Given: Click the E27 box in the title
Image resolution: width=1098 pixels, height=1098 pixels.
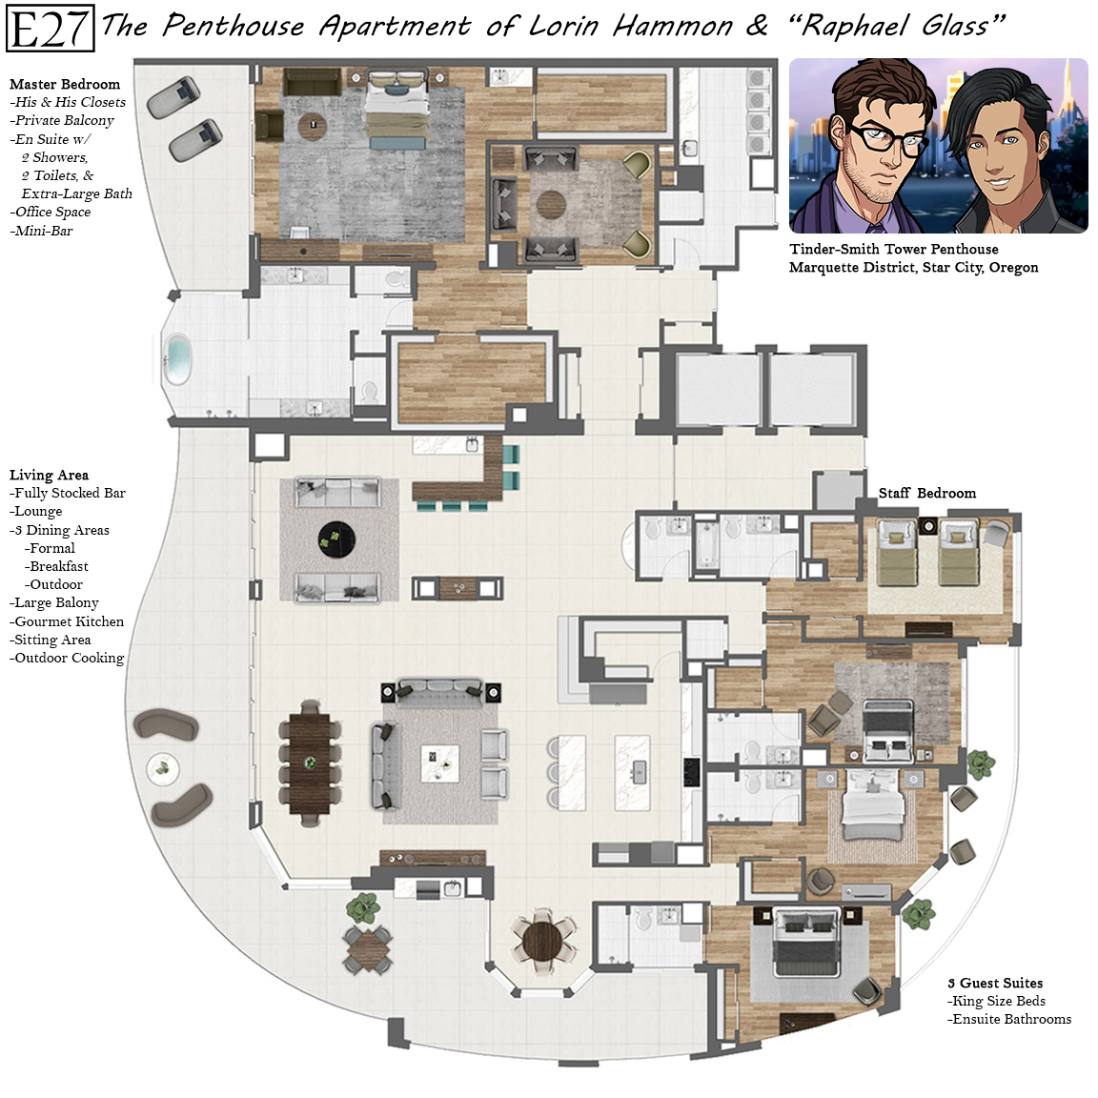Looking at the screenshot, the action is tap(50, 28).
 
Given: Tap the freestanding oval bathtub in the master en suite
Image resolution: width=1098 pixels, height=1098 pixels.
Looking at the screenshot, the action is tap(176, 359).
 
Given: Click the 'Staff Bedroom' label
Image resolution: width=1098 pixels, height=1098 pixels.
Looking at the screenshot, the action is tap(927, 493).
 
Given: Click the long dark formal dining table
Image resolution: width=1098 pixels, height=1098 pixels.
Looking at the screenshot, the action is tap(310, 763).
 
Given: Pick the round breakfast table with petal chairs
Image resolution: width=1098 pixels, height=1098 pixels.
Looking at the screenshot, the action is tap(542, 941).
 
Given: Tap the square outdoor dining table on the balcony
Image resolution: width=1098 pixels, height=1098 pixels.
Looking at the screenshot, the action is tap(368, 949).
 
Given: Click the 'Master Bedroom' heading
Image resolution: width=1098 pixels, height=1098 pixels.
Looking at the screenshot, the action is tap(65, 84).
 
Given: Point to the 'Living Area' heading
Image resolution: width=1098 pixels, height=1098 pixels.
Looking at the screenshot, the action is tap(49, 475).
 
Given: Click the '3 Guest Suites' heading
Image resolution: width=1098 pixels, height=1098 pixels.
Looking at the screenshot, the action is tap(995, 984).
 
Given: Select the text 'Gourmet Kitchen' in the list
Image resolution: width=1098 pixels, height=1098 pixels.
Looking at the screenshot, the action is tap(70, 621).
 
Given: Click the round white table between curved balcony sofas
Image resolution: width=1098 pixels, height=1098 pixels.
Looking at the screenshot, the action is tap(162, 769).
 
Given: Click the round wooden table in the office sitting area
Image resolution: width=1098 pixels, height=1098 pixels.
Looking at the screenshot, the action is tap(552, 205).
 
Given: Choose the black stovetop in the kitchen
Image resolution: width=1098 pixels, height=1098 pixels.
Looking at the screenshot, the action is tap(692, 772).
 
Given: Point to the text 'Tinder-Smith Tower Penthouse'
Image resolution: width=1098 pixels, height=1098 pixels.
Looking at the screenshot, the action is tap(893, 250).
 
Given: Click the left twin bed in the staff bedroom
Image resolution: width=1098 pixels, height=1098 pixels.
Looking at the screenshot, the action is tap(897, 553).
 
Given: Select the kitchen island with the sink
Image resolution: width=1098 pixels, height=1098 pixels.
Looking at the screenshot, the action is tap(632, 772).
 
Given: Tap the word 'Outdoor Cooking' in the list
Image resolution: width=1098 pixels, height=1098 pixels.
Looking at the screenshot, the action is tap(70, 658).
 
